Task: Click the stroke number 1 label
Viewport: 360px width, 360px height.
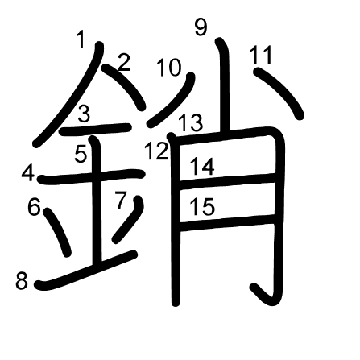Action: (x=81, y=39)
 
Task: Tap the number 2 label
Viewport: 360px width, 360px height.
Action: (x=124, y=63)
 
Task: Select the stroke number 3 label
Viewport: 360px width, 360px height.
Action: (x=85, y=114)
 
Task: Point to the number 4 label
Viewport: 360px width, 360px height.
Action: (x=28, y=173)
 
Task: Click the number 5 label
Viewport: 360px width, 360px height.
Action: (x=81, y=155)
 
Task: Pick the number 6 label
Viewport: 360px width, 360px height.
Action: (x=34, y=206)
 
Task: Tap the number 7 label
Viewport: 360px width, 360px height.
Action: (x=121, y=200)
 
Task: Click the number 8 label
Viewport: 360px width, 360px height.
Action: (x=22, y=281)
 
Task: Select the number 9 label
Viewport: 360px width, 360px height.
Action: (x=201, y=27)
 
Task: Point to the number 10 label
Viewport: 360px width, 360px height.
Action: (x=168, y=68)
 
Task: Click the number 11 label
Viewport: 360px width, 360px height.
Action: (x=261, y=55)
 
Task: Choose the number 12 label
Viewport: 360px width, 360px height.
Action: (x=156, y=151)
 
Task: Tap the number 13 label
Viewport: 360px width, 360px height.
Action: (x=190, y=122)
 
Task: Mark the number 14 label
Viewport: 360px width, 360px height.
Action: (x=202, y=167)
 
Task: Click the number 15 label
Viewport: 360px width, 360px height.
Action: (x=202, y=206)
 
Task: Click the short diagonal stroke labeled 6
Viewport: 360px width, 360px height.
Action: (x=57, y=231)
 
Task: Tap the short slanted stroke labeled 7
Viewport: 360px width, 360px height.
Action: (x=129, y=219)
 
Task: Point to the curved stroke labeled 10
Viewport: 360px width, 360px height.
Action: (x=175, y=101)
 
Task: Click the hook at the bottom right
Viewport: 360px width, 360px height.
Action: (x=263, y=295)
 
